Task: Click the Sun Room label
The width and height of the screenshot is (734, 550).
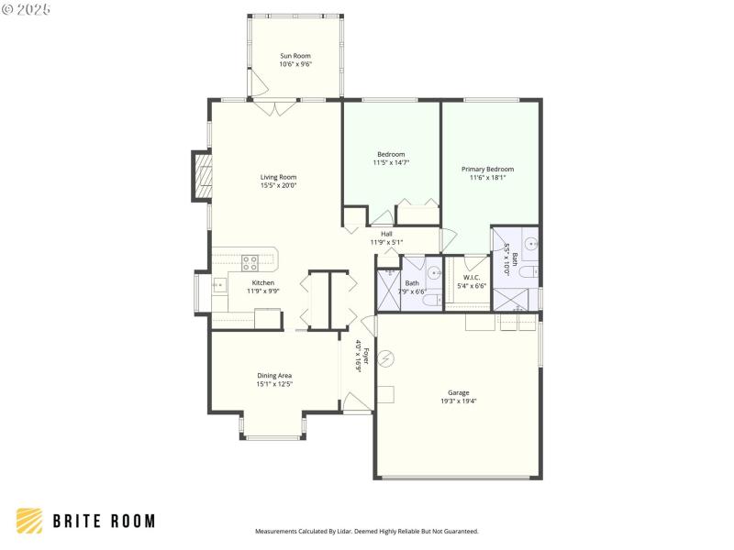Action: click(295, 56)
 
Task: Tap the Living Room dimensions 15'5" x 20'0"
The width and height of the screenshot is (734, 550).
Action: click(278, 186)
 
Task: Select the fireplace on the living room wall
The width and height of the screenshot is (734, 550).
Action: click(201, 175)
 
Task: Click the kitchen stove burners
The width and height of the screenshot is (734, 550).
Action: click(250, 262)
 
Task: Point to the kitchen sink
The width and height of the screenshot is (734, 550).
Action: click(219, 285)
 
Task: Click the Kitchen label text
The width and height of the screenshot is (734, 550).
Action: click(263, 282)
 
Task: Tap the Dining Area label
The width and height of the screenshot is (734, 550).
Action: click(274, 376)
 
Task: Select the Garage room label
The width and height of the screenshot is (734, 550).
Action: click(458, 392)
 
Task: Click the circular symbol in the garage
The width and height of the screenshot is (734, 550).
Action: click(386, 358)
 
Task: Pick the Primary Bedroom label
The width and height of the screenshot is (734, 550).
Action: click(487, 169)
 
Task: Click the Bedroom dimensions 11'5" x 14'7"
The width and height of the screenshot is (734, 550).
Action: click(391, 162)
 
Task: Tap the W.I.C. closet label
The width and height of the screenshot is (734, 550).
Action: click(472, 277)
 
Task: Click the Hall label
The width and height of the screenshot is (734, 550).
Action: click(386, 234)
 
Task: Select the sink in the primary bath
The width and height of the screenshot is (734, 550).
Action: click(530, 245)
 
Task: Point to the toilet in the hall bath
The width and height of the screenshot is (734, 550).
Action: click(430, 300)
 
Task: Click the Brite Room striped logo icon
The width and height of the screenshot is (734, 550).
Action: click(29, 521)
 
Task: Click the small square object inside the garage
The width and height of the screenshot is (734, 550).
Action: click(385, 395)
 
